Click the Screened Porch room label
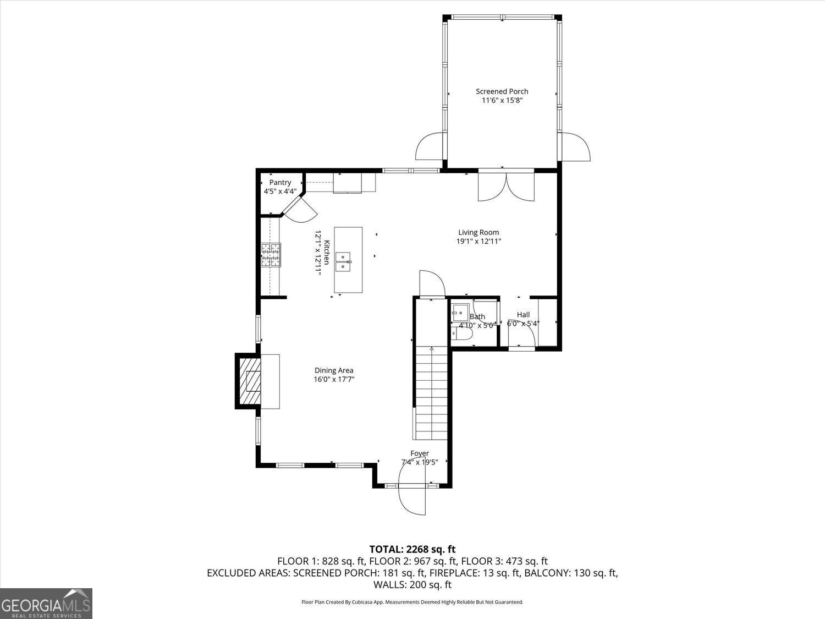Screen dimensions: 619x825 [502, 91]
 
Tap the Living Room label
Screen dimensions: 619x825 [479, 232]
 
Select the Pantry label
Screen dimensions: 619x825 [280, 183]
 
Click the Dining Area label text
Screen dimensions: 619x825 [334, 370]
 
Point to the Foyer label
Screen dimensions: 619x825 [420, 453]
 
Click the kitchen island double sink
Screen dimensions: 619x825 [343, 261]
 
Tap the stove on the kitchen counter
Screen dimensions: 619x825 [271, 255]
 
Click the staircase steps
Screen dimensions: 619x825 [432, 393]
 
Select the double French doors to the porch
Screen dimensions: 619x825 [506, 187]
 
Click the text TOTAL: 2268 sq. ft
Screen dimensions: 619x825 [412, 549]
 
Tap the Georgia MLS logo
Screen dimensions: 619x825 [46, 604]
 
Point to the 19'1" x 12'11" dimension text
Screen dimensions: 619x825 [479, 241]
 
